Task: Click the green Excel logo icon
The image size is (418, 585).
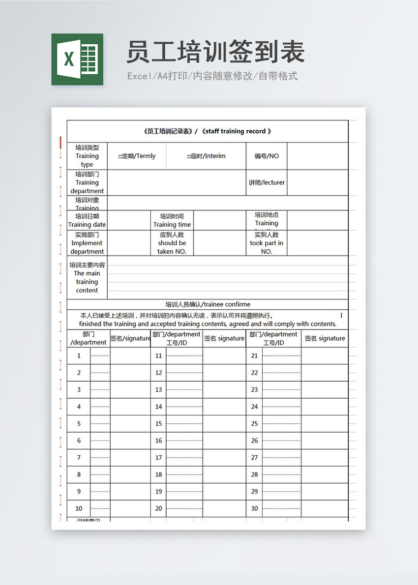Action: (x=77, y=59)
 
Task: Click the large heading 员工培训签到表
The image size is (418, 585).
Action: (x=215, y=52)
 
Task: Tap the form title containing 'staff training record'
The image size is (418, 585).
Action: (x=207, y=131)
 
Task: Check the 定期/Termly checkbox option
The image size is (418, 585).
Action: (x=137, y=156)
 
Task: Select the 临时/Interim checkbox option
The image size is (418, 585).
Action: (x=206, y=156)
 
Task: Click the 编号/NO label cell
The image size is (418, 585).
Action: (x=267, y=156)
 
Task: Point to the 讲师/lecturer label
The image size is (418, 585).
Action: (x=267, y=182)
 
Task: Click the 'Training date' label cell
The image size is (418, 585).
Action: (x=87, y=220)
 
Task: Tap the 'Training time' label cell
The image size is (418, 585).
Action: (x=172, y=220)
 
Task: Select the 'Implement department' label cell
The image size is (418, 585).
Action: (x=87, y=243)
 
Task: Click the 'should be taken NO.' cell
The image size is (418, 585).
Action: (x=172, y=243)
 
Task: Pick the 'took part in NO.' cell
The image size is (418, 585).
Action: (x=267, y=243)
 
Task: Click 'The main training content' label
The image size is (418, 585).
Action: (x=87, y=278)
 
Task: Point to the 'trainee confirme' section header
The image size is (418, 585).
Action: (x=208, y=304)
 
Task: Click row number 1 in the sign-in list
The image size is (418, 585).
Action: (x=79, y=355)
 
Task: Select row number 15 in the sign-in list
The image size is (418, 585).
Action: (x=158, y=423)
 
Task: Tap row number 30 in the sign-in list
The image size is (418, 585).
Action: (x=254, y=508)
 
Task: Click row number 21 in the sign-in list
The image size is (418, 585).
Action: (x=254, y=355)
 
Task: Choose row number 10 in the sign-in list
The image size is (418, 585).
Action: (x=79, y=508)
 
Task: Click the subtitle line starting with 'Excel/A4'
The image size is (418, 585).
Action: (x=212, y=76)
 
